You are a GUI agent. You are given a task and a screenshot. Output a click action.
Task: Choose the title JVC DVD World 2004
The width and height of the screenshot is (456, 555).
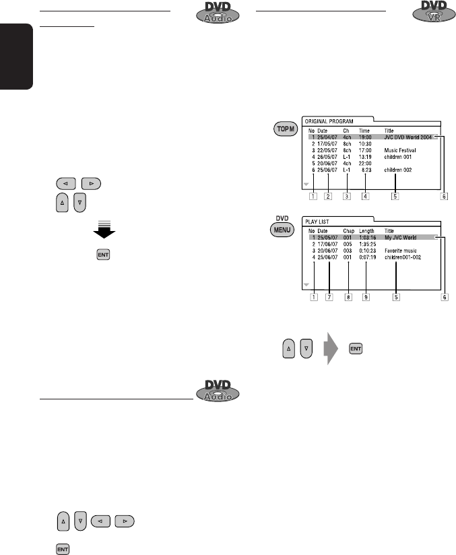click(410, 137)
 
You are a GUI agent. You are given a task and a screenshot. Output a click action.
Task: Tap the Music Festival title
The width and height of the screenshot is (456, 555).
click(401, 151)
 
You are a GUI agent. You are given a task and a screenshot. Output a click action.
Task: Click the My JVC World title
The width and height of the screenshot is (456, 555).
click(402, 237)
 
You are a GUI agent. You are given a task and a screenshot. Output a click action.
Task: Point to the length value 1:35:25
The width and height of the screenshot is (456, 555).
click(368, 244)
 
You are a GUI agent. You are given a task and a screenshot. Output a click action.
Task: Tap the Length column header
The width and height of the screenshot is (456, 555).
click(366, 230)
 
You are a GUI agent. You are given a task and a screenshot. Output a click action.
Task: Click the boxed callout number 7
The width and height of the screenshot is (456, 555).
click(329, 297)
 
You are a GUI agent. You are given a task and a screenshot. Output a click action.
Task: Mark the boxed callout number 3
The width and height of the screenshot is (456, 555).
click(347, 197)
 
